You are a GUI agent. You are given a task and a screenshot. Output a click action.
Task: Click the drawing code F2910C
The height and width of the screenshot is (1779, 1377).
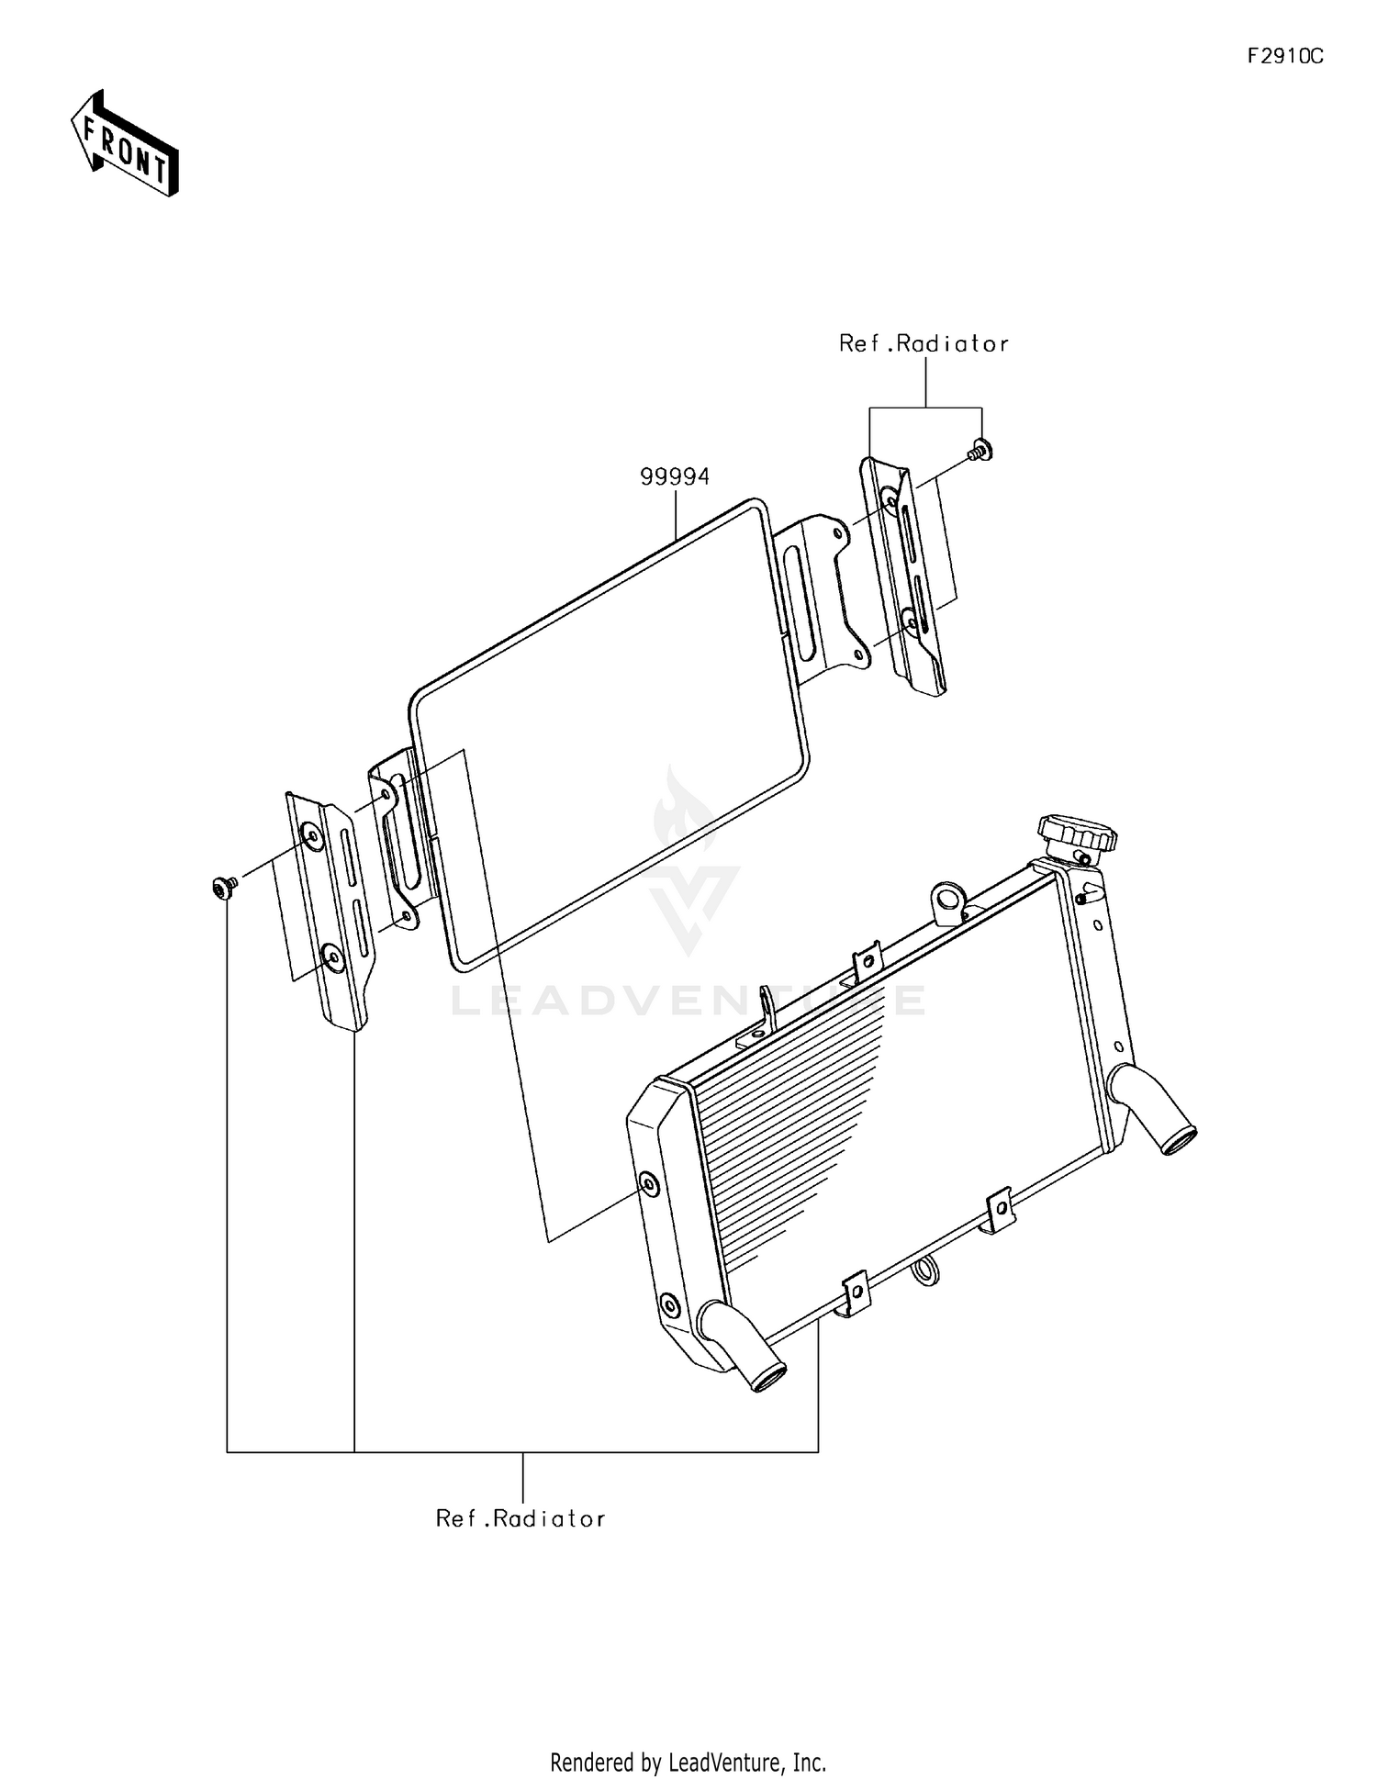(1284, 57)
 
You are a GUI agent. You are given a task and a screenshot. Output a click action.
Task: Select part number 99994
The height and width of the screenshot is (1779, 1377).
(675, 477)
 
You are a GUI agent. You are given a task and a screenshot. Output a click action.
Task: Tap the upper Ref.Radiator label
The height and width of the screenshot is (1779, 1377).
(924, 344)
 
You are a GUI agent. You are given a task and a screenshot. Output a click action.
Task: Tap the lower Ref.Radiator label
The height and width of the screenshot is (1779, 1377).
(521, 1519)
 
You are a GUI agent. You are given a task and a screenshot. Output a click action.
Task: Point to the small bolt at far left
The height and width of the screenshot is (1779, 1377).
(221, 887)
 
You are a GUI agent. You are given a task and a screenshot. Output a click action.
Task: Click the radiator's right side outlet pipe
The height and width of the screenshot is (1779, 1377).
(1155, 1112)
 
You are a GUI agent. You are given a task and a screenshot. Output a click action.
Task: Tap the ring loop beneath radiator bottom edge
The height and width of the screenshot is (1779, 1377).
(926, 1270)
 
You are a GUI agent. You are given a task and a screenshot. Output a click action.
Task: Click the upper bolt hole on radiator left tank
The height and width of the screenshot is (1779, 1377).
(649, 1185)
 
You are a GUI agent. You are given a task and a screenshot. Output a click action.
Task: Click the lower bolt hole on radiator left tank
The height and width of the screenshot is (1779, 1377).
(670, 1304)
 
